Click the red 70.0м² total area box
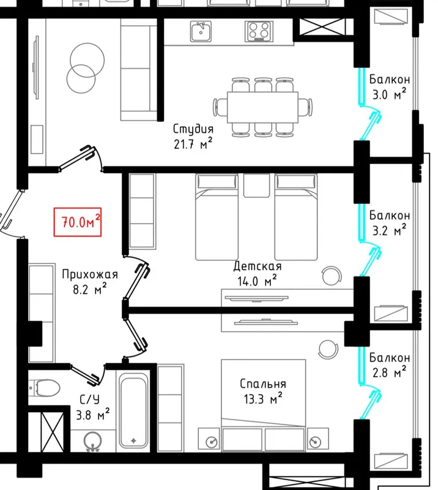78,222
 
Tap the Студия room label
193,129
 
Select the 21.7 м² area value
193,144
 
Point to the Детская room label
258,266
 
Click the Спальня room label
263,384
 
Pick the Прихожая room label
90,274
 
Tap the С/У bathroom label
89,399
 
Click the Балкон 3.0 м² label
389,86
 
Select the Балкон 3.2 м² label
389,223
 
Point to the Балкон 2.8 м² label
389,364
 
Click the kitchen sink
201,31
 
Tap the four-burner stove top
259,31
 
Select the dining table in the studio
262,107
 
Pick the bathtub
133,412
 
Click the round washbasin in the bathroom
93,441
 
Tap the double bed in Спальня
263,405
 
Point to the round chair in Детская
332,276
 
